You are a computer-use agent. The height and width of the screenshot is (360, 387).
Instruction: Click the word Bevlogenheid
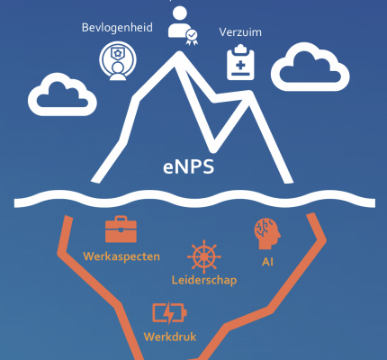click(x=117, y=28)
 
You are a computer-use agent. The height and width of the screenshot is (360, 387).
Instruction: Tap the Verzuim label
click(x=240, y=32)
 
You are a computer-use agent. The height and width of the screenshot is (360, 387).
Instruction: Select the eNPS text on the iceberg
click(x=189, y=167)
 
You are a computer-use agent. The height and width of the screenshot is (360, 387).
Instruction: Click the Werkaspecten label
click(x=121, y=256)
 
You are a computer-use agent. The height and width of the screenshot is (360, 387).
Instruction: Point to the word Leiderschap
click(x=204, y=280)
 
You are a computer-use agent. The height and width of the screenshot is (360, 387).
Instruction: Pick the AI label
click(x=267, y=262)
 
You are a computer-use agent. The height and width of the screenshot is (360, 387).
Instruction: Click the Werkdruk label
click(x=170, y=337)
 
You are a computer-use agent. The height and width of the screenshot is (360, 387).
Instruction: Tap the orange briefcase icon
click(x=121, y=229)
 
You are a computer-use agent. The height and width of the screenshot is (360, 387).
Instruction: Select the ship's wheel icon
click(x=204, y=256)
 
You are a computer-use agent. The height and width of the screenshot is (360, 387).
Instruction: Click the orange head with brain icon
click(x=267, y=234)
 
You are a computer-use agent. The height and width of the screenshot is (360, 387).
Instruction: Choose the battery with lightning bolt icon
click(x=169, y=313)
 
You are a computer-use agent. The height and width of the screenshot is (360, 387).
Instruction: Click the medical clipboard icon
click(x=240, y=62)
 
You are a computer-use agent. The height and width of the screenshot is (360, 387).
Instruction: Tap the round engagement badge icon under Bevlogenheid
click(x=118, y=61)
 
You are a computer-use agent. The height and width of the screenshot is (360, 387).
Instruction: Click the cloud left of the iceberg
click(x=62, y=94)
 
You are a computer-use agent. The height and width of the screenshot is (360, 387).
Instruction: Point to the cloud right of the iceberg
click(x=310, y=67)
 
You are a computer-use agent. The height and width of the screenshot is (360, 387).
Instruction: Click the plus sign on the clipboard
click(x=240, y=65)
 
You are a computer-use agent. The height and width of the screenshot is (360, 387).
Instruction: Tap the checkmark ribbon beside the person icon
click(x=192, y=37)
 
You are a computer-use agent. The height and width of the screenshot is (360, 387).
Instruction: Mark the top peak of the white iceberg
click(x=179, y=53)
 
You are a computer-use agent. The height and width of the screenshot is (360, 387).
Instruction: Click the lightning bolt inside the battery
click(x=170, y=313)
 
